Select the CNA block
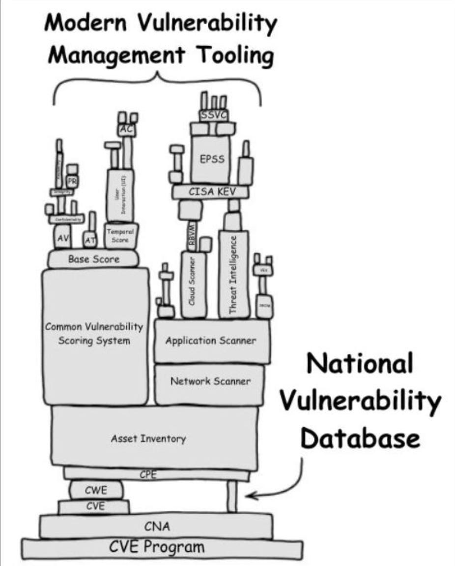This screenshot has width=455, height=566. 156,526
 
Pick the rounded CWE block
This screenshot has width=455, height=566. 96,490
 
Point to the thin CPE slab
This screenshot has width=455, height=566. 156,474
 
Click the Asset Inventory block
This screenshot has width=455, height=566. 155,438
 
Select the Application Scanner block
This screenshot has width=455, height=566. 211,341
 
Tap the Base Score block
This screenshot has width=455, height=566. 93,258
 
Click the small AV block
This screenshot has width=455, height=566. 62,238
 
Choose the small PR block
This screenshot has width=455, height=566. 73,181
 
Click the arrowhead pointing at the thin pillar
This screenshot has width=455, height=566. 249,495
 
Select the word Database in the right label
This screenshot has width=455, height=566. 361,439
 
